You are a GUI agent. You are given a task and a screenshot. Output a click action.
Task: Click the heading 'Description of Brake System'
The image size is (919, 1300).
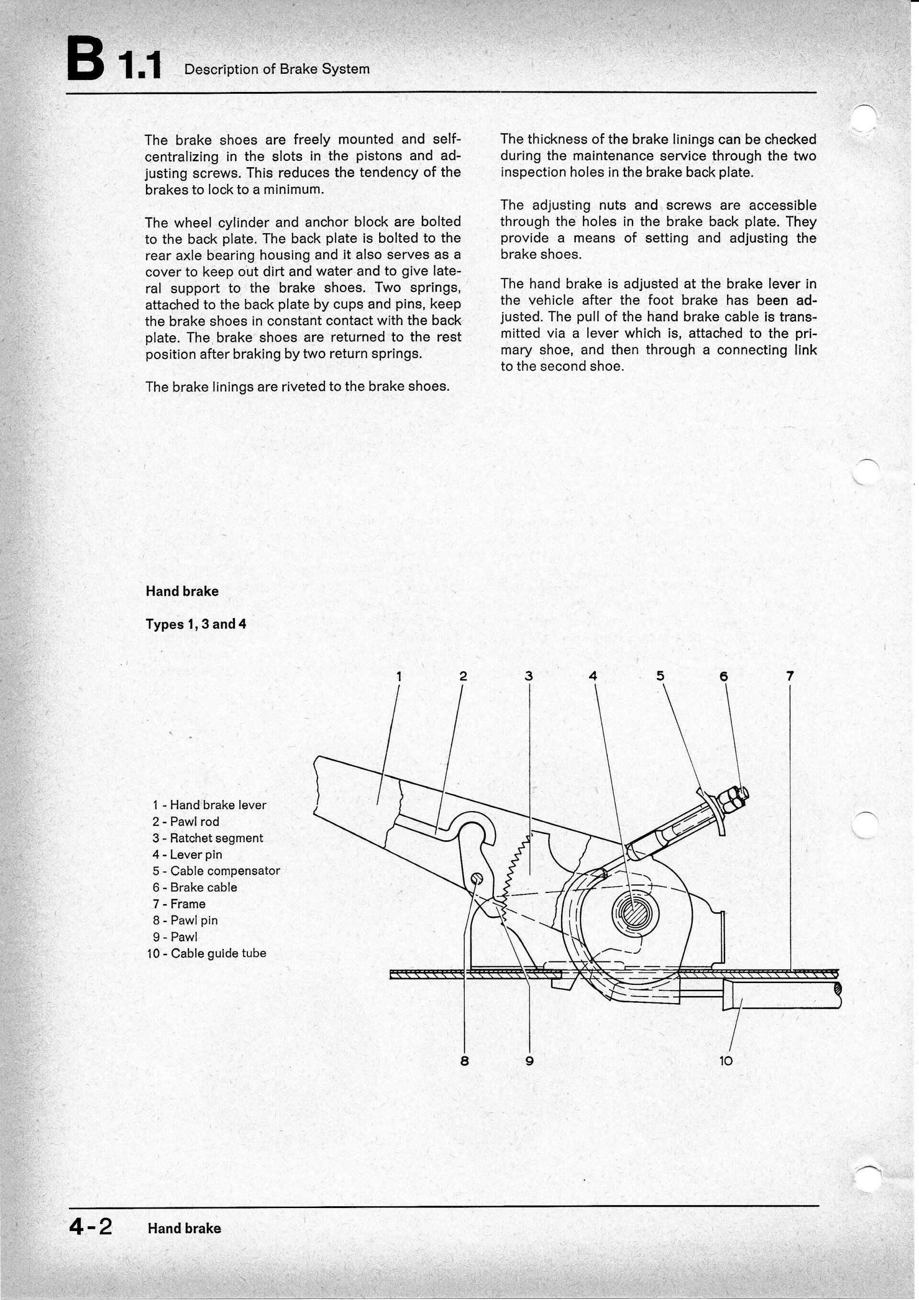pos(277,69)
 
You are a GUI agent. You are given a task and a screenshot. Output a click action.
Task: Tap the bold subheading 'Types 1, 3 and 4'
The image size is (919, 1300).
pos(196,624)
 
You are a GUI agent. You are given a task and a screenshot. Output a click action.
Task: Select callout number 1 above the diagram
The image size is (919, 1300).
pos(399,676)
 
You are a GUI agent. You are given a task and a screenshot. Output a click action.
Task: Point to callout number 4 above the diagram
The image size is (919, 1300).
pos(593,676)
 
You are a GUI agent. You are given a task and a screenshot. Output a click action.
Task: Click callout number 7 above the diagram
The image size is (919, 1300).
pos(790,676)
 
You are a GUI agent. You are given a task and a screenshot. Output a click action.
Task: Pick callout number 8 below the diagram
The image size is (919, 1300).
pos(465,1062)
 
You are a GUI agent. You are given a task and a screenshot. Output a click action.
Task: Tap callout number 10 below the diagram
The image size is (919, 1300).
pos(726,1062)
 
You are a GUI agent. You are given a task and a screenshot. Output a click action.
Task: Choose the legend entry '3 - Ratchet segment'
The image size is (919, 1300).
pos(208,838)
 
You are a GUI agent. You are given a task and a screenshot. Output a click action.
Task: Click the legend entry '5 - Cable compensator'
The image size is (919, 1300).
pos(216,871)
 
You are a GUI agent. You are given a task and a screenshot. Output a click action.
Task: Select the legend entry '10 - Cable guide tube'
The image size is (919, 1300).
pos(207,953)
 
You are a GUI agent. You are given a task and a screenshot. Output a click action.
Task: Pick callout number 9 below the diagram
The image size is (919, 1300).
pos(530,1062)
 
